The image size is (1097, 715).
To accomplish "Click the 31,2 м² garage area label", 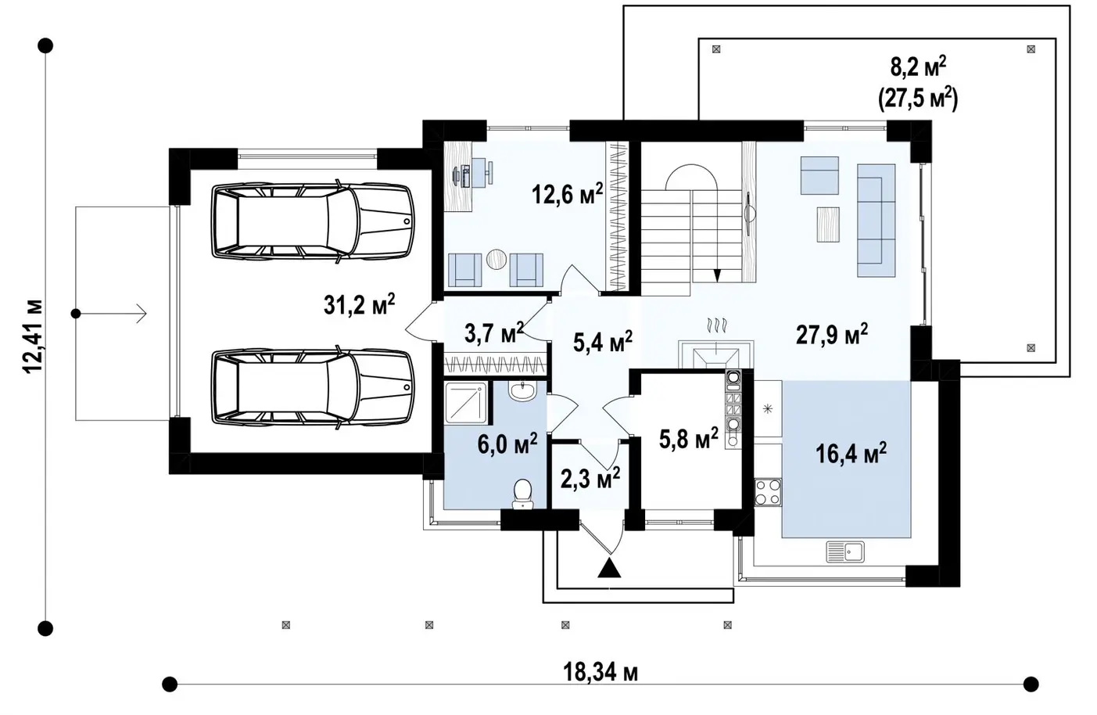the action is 359,304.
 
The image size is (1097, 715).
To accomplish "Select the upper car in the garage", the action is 313,221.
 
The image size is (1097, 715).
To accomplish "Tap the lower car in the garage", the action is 313,388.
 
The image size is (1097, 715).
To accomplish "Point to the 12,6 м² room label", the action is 567,193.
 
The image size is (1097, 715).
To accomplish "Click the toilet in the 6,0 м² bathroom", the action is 522,494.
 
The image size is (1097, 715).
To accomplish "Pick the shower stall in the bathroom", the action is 467,403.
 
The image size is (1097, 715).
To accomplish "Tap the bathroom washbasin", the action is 523,391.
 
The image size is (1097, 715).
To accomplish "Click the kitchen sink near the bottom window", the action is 845,552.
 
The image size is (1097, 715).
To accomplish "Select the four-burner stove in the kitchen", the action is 767,493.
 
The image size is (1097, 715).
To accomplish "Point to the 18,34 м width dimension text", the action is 600,672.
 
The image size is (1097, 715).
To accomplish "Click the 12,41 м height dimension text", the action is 34,336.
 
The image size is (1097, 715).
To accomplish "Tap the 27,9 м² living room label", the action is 832,334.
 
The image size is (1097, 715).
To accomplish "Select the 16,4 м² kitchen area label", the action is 851,453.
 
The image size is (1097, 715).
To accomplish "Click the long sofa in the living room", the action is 876,221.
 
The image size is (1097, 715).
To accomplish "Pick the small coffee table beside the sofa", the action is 828,225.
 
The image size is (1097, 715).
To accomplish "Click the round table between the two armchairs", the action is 496,259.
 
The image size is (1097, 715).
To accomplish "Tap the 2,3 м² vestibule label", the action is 590,478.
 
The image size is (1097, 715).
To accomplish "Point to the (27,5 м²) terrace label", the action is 918,99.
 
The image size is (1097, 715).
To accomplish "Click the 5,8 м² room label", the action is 689,438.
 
